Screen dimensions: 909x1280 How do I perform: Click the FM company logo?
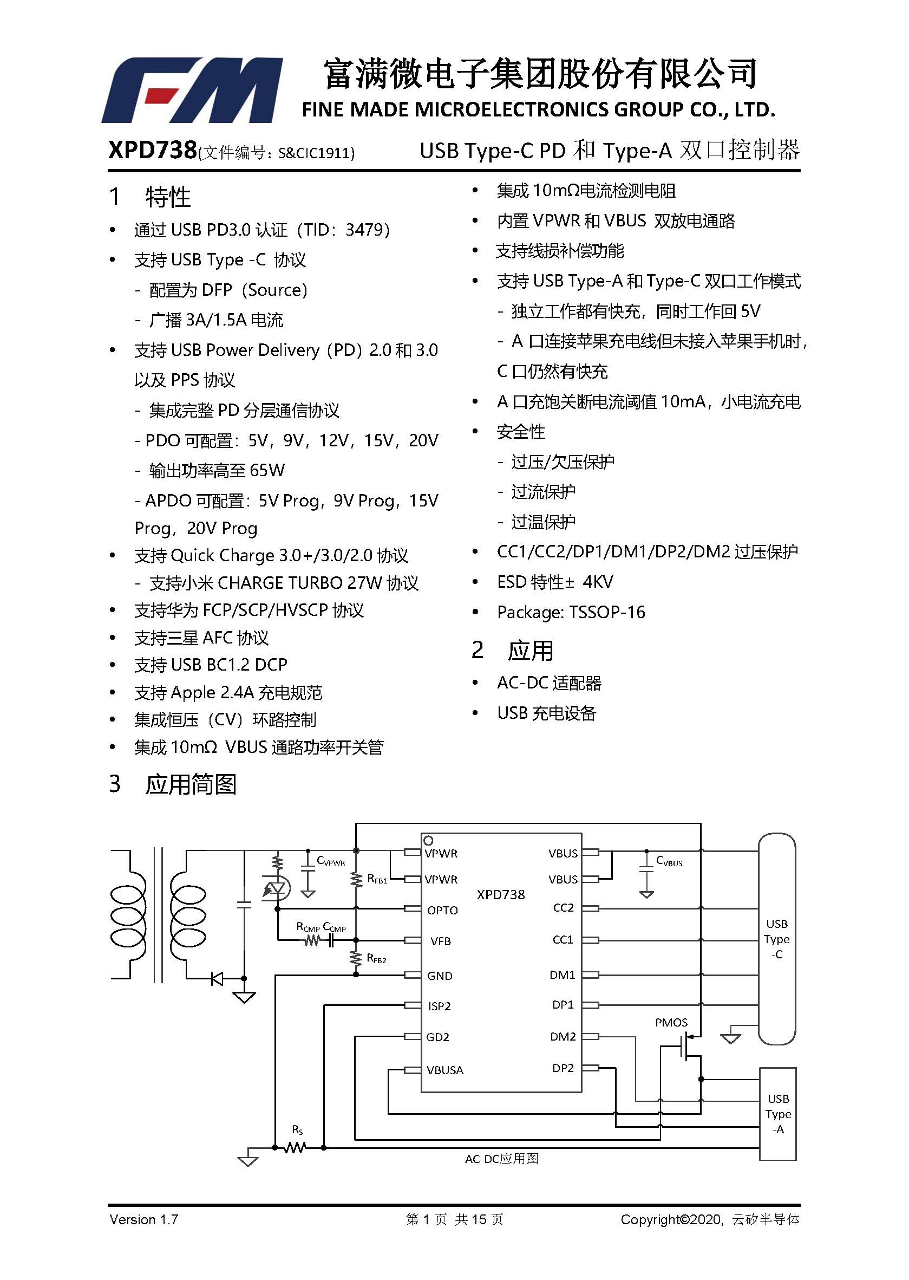click(192, 90)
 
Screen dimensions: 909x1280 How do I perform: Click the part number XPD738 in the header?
click(152, 150)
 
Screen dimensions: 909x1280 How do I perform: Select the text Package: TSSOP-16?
click(571, 612)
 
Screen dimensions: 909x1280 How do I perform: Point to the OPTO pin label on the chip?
click(442, 911)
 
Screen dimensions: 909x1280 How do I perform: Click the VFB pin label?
click(441, 941)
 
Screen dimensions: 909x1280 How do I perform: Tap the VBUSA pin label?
click(445, 1070)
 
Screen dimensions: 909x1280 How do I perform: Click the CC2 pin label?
click(563, 908)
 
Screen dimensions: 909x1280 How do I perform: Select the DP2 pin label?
click(563, 1068)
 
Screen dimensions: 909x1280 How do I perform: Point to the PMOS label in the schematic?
click(671, 1023)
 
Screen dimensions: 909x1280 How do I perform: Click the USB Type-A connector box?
click(777, 1114)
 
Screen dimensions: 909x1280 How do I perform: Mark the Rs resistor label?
click(297, 1130)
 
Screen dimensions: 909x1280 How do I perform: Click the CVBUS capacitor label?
click(669, 861)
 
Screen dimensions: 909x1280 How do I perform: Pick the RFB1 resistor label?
click(377, 879)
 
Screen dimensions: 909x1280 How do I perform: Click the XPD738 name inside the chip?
click(501, 894)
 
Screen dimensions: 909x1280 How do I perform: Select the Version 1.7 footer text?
click(144, 1219)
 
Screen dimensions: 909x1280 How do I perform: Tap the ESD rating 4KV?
click(598, 582)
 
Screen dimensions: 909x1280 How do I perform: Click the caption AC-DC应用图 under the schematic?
click(501, 1159)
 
